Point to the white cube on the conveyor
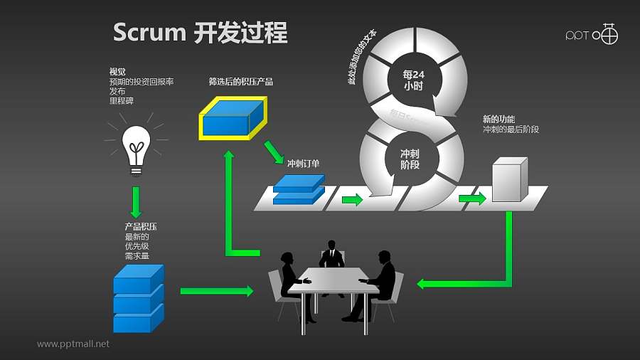[509, 181]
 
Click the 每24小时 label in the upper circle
[412, 79]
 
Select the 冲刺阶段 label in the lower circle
[410, 159]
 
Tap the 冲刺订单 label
[302, 164]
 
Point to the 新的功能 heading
[498, 120]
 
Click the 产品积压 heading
[141, 227]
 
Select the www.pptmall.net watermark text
[73, 344]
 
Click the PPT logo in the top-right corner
[591, 34]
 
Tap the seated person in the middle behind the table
[331, 255]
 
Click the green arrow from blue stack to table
[216, 291]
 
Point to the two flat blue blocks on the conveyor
[299, 190]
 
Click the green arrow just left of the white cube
[472, 198]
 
